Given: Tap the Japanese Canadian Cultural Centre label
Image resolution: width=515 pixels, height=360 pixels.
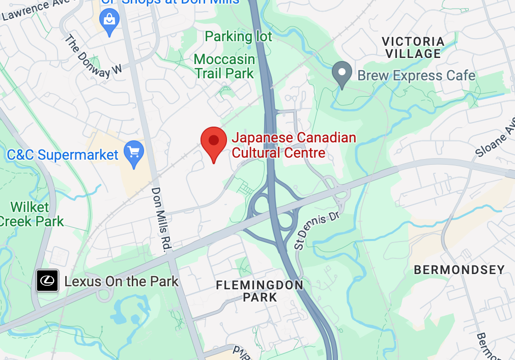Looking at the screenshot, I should pos(294,145).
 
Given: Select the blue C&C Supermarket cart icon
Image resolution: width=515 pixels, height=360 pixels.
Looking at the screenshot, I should pos(134,153).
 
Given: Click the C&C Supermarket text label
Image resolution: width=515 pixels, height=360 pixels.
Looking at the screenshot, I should pos(63,155).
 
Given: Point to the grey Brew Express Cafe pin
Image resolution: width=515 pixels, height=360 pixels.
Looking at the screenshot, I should pos(342,73).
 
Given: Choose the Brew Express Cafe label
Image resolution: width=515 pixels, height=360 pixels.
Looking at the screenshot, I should pos(416,76).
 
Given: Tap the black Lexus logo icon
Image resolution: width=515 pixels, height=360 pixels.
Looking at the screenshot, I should pos(47,281).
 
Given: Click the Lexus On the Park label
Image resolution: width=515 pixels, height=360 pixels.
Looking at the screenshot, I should pos(121,281).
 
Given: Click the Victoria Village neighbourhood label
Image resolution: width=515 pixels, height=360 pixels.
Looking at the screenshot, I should pos(413,47).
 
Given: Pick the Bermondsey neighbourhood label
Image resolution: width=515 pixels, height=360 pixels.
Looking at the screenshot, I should pos(459,270).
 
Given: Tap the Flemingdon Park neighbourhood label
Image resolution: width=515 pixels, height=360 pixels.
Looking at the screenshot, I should pos(260,291).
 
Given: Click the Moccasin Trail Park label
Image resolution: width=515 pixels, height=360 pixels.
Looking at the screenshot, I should pos(224,67).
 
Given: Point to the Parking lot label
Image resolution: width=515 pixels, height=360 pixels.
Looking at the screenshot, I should pos(238,37).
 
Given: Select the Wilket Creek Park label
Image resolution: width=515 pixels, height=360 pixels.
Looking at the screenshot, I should pos(32,214).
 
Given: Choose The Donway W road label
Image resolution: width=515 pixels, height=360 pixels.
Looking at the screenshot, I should pos(95,57).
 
